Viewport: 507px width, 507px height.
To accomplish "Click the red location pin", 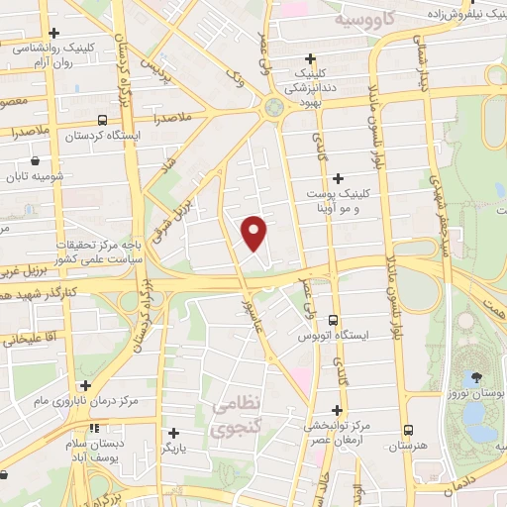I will [255, 231].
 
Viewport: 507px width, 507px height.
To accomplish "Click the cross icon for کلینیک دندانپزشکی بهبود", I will [311, 58].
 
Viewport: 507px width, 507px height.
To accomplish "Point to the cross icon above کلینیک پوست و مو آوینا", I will [339, 178].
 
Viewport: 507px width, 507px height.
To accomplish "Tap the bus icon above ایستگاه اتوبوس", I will [333, 321].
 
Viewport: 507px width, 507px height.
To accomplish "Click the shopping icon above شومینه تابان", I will [36, 159].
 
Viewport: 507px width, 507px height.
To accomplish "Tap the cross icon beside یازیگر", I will [173, 433].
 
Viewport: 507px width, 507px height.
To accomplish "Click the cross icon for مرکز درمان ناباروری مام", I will [85, 386].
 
